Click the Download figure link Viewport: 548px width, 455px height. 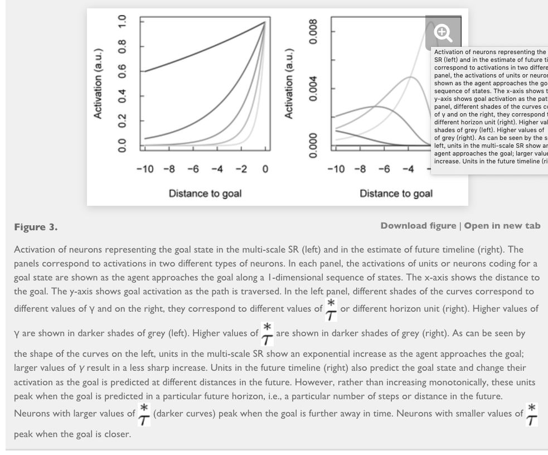pyautogui.click(x=418, y=226)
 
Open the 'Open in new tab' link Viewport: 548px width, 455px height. pyautogui.click(x=502, y=226)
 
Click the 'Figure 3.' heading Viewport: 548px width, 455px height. pyautogui.click(x=36, y=227)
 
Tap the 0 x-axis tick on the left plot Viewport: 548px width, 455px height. pyautogui.click(x=265, y=170)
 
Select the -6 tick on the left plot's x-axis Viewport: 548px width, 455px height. pyautogui.click(x=193, y=170)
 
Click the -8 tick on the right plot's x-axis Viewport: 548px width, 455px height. pyautogui.click(x=361, y=170)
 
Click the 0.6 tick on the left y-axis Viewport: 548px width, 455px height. pyautogui.click(x=126, y=72)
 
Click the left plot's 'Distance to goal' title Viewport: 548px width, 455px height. pyautogui.click(x=205, y=193)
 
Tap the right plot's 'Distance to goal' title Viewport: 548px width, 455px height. pyautogui.click(x=396, y=193)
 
